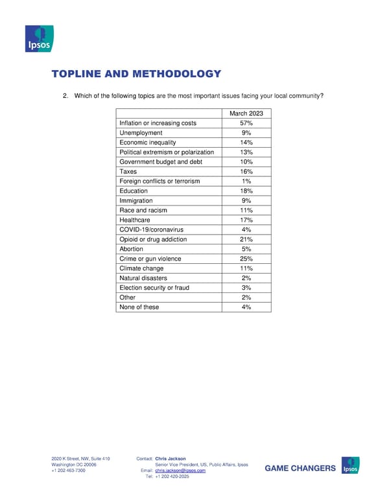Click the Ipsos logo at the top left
tap(38, 39)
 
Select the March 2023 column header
tap(246, 113)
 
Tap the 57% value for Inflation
tap(246, 123)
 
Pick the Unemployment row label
tap(141, 133)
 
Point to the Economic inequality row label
tap(147, 143)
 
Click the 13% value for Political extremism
tap(246, 152)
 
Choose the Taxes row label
tap(128, 172)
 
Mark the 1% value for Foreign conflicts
tap(246, 181)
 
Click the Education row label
tap(134, 191)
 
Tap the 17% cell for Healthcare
tap(246, 220)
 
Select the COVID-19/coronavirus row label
tap(152, 229)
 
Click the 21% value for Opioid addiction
tap(246, 239)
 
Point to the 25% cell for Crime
tap(246, 259)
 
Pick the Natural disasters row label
tap(143, 278)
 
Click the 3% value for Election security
tap(246, 288)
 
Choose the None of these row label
tap(139, 307)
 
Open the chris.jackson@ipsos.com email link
tap(180, 471)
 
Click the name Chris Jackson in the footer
tap(171, 459)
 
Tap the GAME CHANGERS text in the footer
tap(301, 468)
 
